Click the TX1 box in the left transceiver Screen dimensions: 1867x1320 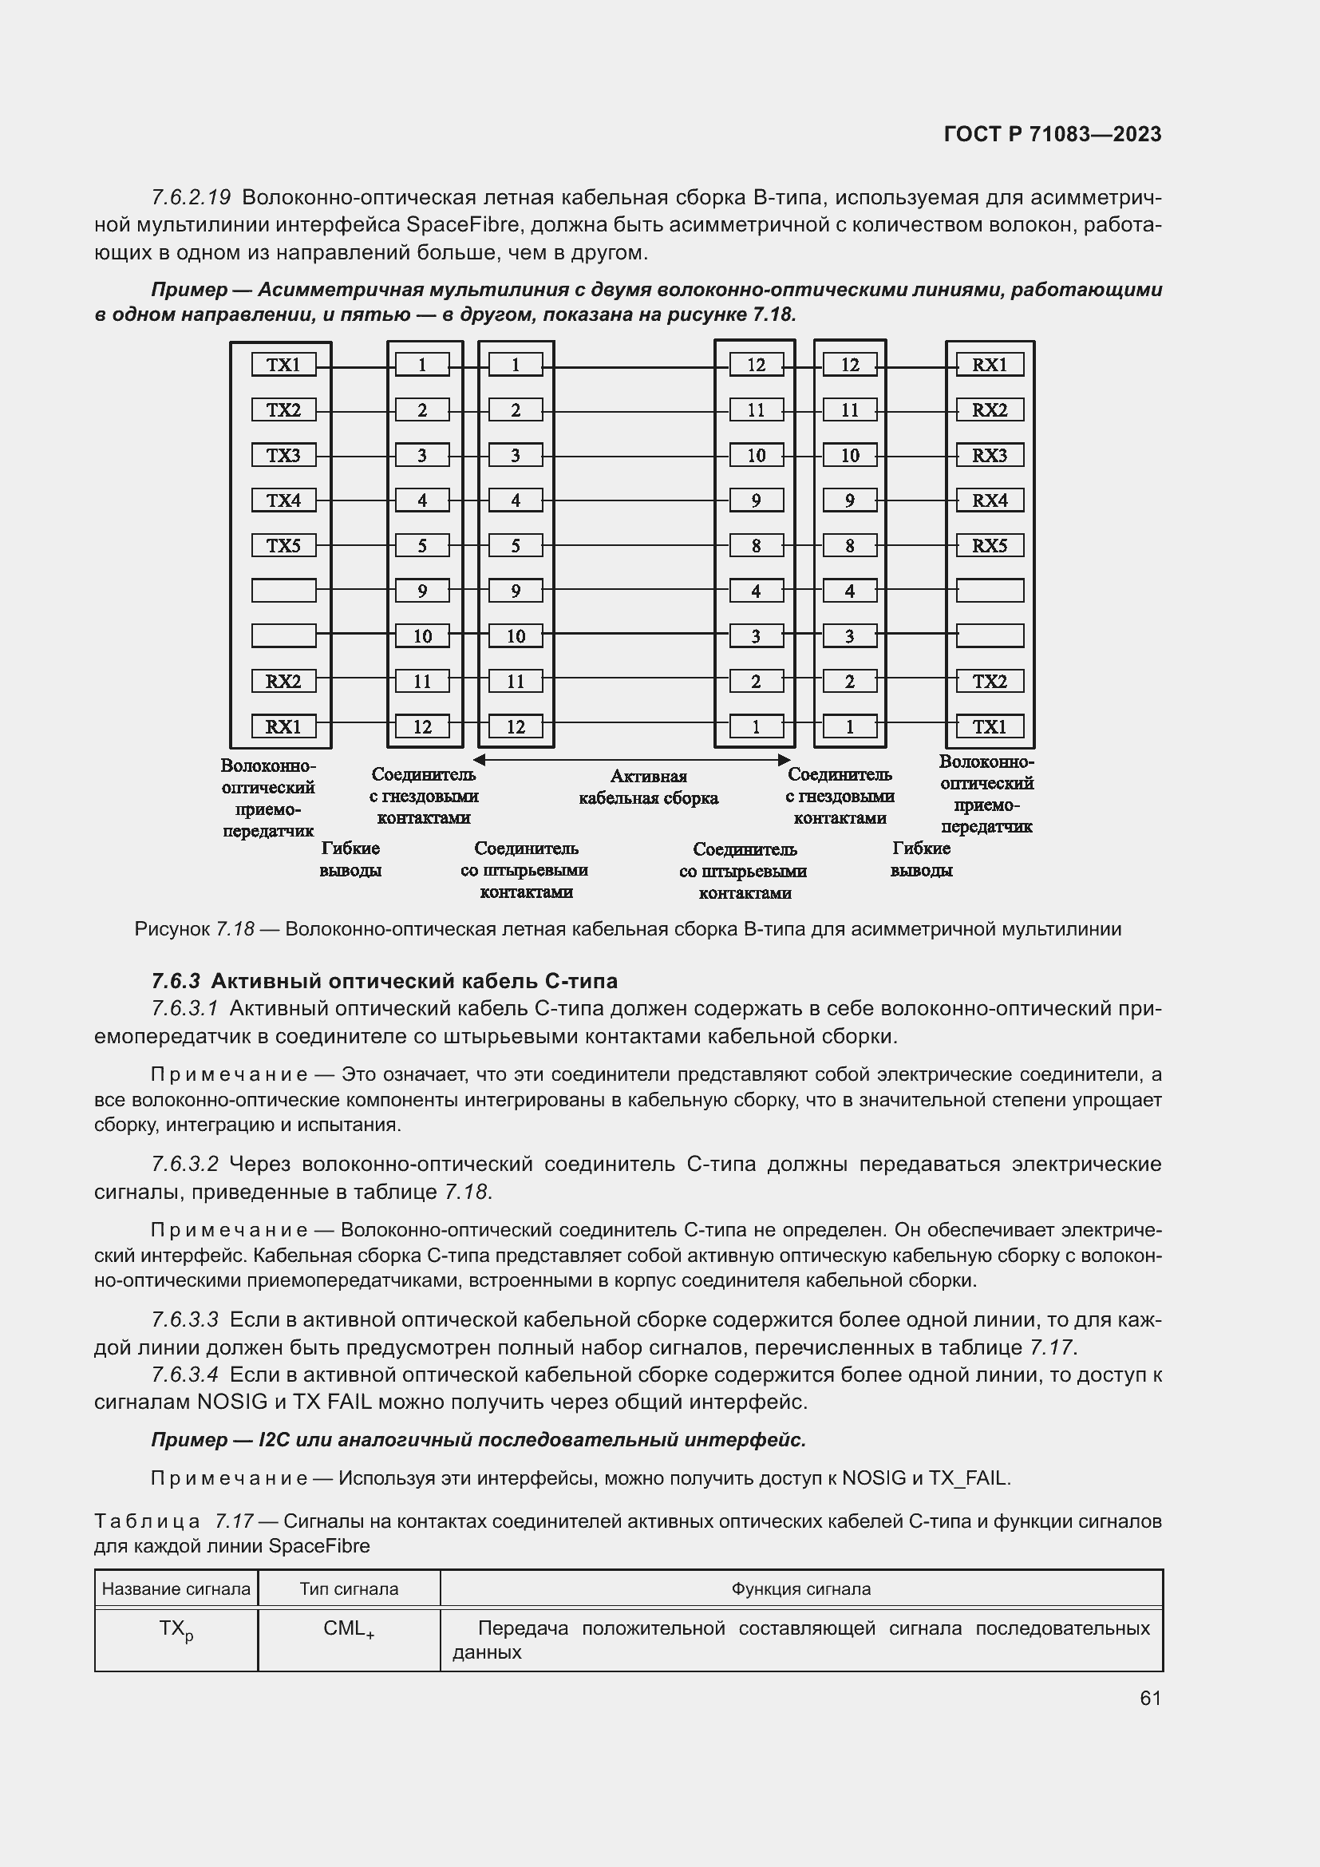click(x=283, y=365)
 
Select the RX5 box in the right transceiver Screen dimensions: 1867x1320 click(x=989, y=546)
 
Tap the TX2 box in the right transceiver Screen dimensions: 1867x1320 click(x=989, y=682)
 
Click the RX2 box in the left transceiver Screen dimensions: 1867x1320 click(x=283, y=682)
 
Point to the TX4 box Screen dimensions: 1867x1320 click(x=283, y=501)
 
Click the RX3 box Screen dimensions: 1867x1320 click(x=989, y=455)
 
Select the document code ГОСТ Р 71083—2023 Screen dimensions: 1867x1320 click(x=1053, y=134)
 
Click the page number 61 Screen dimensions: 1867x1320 click(x=1150, y=1698)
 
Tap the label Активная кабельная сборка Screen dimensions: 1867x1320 click(x=648, y=787)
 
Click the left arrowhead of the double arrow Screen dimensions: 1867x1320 click(x=480, y=759)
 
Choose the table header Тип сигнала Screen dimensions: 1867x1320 click(x=349, y=1589)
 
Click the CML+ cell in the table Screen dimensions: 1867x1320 click(x=349, y=1629)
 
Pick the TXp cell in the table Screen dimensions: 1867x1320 click(x=176, y=1630)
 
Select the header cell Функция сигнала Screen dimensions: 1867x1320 click(x=800, y=1589)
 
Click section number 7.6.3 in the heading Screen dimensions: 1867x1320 click(x=176, y=981)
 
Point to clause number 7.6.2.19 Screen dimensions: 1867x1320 click(x=191, y=198)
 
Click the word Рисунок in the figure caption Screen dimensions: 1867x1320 click(x=172, y=928)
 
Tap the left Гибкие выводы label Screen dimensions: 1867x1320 click(x=350, y=860)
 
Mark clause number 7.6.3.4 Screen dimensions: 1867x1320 click(x=185, y=1375)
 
